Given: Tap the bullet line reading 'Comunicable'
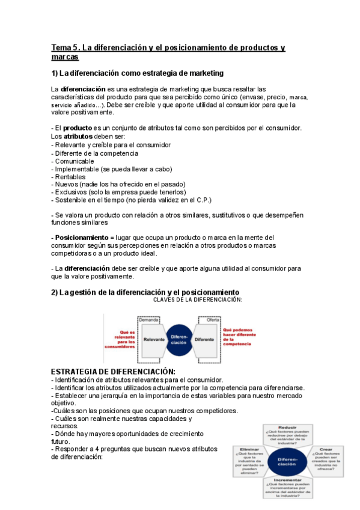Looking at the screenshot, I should (74, 161).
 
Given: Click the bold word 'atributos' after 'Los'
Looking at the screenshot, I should (79, 137).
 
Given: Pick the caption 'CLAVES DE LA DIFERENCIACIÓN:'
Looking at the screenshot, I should (198, 300).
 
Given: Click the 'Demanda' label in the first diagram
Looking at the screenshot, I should (149, 320).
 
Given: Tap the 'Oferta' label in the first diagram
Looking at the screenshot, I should (213, 320).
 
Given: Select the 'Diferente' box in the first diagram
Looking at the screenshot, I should (206, 340).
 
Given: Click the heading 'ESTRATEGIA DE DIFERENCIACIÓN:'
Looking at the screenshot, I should (113, 371).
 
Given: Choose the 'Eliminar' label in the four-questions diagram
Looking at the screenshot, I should (249, 449).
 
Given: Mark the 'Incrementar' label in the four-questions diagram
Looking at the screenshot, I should (287, 481).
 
